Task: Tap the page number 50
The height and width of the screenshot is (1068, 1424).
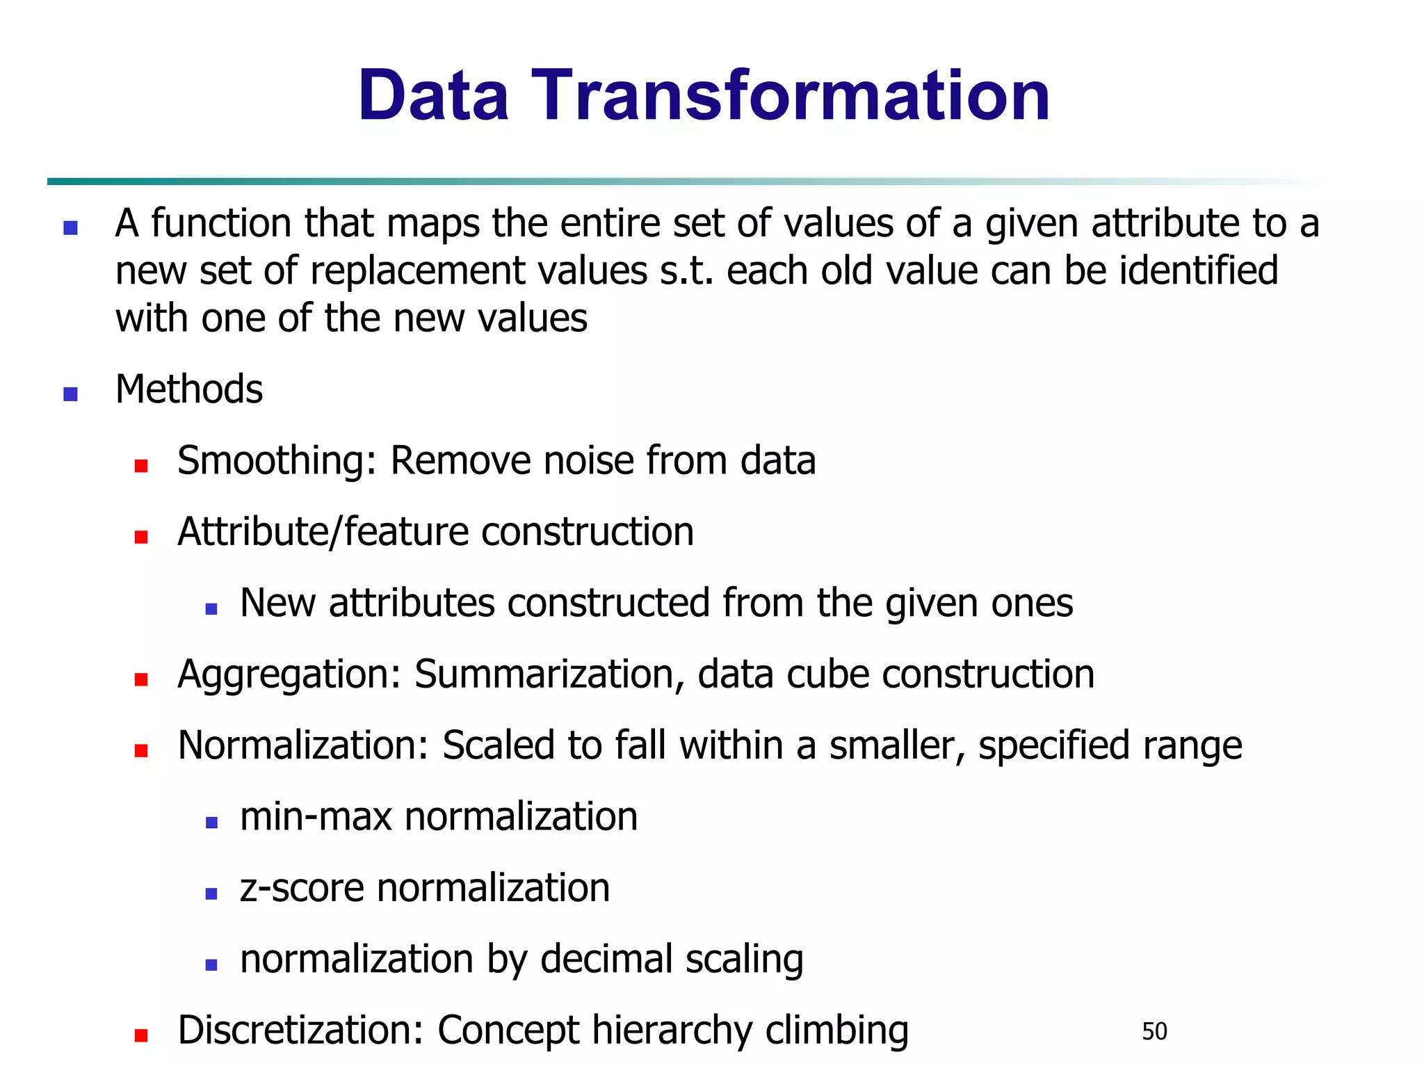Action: tap(1154, 1031)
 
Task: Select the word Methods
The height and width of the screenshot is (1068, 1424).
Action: tap(189, 389)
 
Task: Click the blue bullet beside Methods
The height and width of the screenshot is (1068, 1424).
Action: tap(70, 394)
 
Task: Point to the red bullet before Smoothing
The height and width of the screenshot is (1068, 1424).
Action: tap(141, 466)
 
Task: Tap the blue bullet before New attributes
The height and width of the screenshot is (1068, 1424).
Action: tap(212, 609)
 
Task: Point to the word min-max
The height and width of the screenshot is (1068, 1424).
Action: tap(316, 817)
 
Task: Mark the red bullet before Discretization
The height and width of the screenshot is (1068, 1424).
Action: tap(141, 1036)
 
